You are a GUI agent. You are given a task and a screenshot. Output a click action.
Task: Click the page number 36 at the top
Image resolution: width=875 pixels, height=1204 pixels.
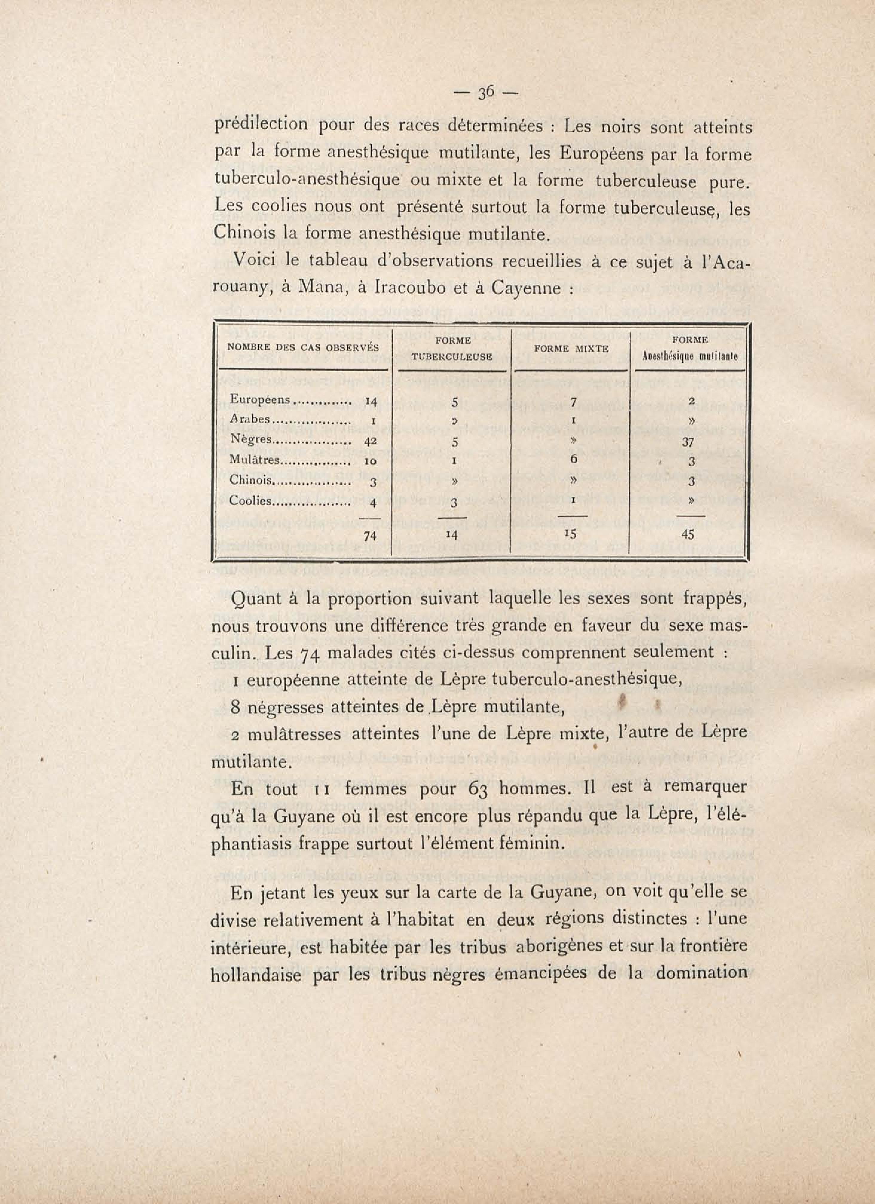[486, 93]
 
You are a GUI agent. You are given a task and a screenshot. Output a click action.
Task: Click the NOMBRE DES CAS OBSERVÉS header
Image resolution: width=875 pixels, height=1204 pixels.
[303, 348]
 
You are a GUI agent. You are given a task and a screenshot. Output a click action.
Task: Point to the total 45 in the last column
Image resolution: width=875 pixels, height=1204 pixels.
[687, 535]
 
